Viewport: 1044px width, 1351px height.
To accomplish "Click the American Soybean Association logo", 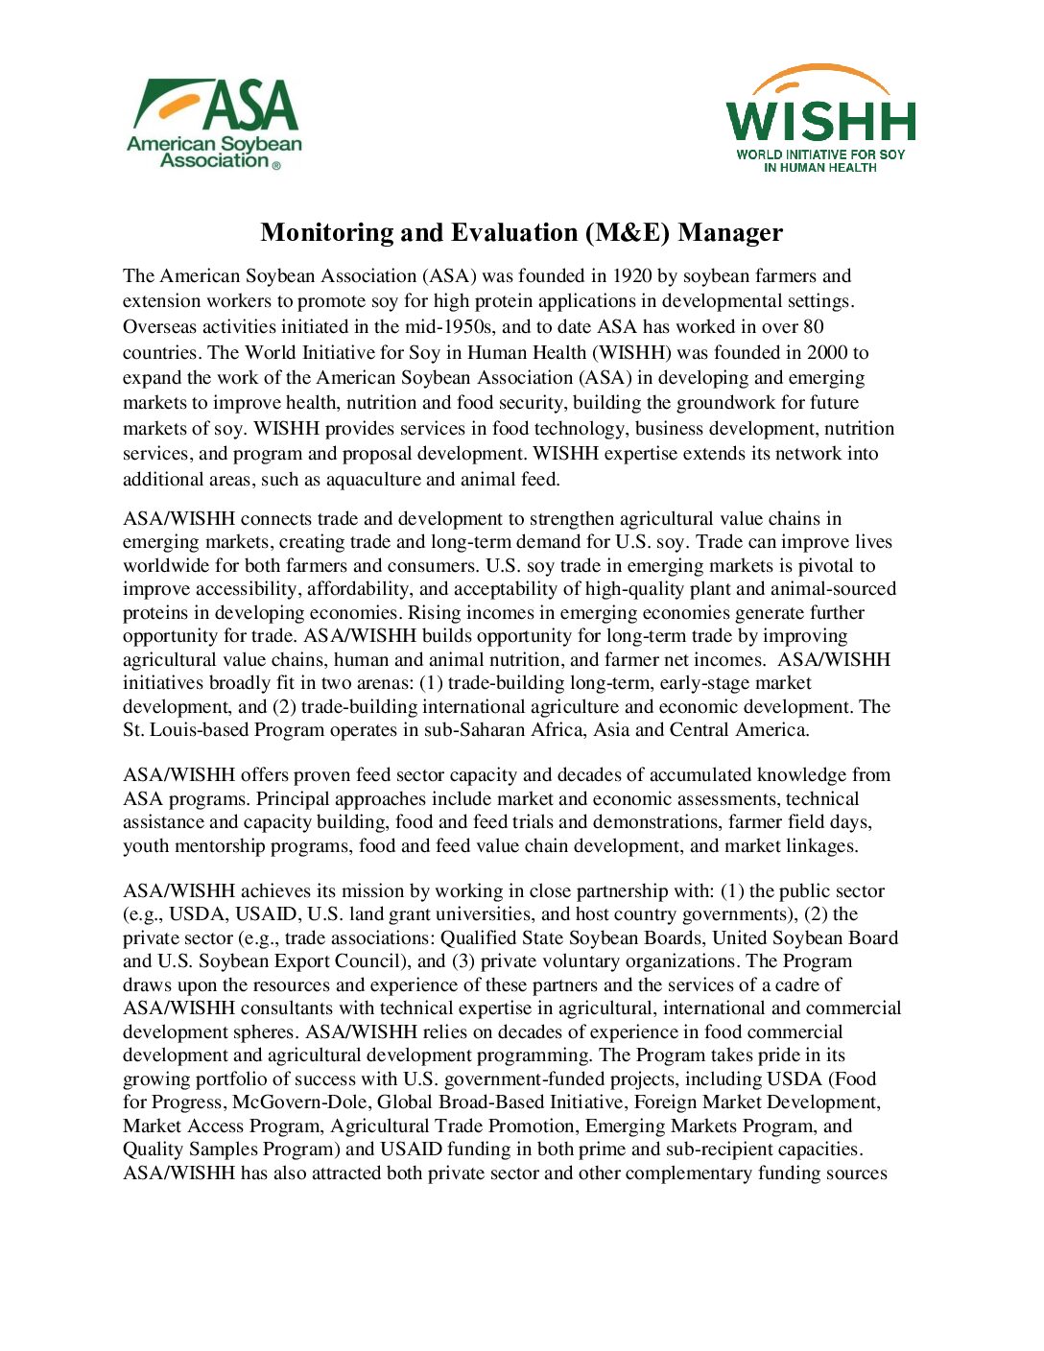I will (214, 123).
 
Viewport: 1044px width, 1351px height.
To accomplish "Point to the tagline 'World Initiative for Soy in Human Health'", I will (820, 160).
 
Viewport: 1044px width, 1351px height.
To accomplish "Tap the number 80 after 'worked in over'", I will (813, 327).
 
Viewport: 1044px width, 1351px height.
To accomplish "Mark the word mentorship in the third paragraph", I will (218, 846).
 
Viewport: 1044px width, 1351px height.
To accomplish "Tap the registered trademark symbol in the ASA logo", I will (276, 165).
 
